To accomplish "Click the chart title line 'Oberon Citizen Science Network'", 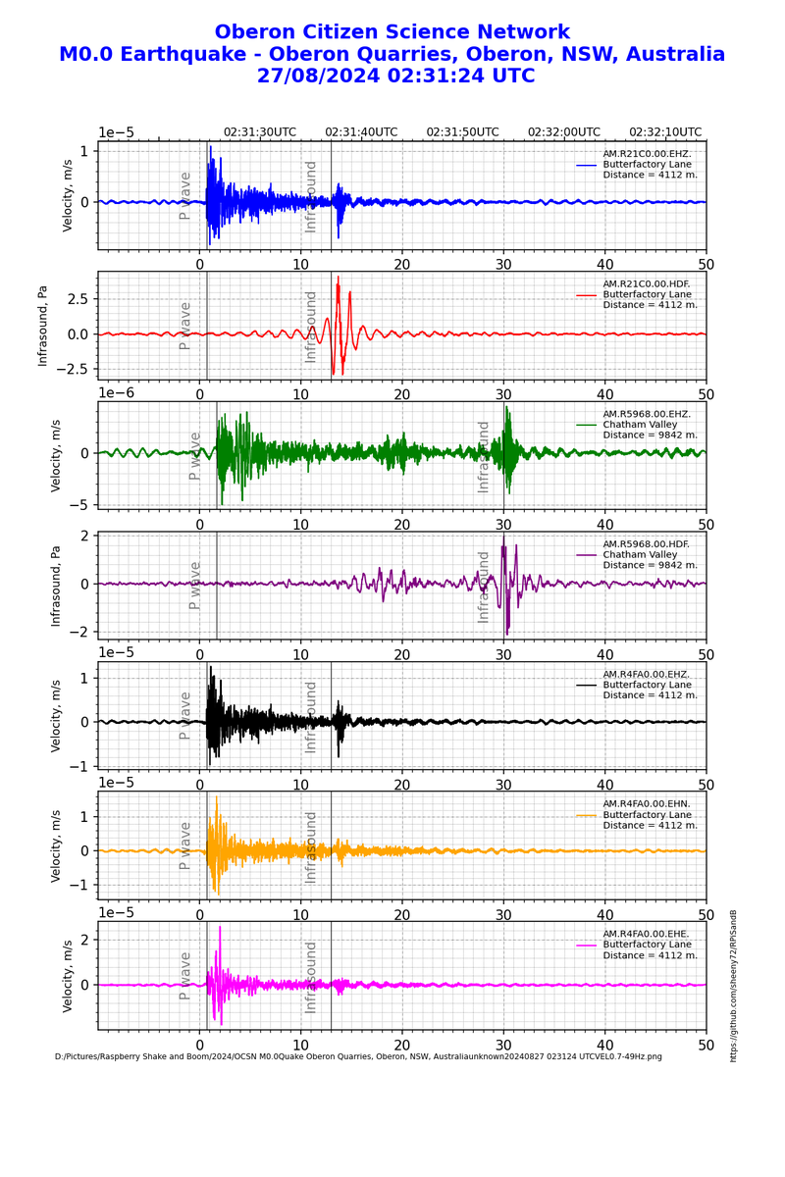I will click(392, 32).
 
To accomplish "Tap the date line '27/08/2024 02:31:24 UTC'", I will click(395, 76).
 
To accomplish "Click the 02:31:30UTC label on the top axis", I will click(259, 132).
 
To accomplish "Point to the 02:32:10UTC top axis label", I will click(665, 132).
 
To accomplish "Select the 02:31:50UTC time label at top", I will click(463, 132).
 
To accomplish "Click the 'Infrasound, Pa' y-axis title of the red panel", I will click(42, 326).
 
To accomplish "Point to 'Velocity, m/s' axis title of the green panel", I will click(56, 456).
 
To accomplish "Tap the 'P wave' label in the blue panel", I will click(184, 195).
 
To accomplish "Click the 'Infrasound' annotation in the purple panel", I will click(484, 587).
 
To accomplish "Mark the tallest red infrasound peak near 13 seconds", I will click(339, 278).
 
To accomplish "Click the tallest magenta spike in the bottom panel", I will click(220, 927).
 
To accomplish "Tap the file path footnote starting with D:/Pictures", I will click(358, 1056).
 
